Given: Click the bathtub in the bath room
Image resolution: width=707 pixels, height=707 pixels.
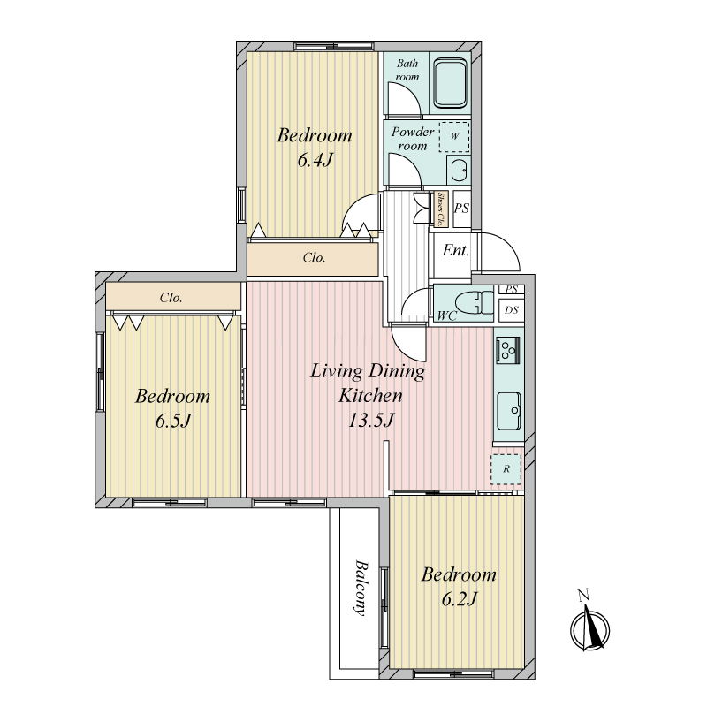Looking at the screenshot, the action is click(x=450, y=84).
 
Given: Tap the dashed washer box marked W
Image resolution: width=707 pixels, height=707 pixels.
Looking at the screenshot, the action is click(x=454, y=136).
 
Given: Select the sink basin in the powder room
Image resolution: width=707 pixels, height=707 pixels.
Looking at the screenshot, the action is click(x=459, y=170).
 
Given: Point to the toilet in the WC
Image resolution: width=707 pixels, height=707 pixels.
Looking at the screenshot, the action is click(x=474, y=302).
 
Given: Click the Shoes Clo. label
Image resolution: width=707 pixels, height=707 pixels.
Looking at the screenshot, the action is click(x=441, y=209).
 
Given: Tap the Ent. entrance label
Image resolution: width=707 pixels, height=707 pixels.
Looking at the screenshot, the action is click(x=455, y=250).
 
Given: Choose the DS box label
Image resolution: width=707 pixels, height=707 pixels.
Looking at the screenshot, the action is click(x=512, y=310).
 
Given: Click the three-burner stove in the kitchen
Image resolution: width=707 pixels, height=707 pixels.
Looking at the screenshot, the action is click(x=507, y=350).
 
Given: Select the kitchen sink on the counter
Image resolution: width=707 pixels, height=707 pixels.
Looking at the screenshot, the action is click(x=509, y=411).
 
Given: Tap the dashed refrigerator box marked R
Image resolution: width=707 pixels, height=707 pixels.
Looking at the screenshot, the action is click(x=506, y=469).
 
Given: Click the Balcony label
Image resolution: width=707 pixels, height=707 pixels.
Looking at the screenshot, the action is click(x=361, y=588).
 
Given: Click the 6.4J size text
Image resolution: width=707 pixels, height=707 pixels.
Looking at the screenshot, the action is click(x=315, y=160).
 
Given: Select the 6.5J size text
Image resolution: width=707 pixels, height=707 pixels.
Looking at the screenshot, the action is click(x=173, y=422).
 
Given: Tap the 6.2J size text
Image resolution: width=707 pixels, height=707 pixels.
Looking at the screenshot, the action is click(x=459, y=599).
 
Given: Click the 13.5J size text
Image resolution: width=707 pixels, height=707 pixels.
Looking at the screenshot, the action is click(x=371, y=421).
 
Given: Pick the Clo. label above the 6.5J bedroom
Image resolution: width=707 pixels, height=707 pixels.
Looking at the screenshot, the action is click(x=171, y=298).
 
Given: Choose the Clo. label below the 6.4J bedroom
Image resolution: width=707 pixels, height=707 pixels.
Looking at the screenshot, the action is click(x=314, y=258).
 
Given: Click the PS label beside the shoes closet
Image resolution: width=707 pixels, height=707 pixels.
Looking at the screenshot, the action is click(x=461, y=209).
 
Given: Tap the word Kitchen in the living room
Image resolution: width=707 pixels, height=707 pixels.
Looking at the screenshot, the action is click(x=370, y=395).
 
